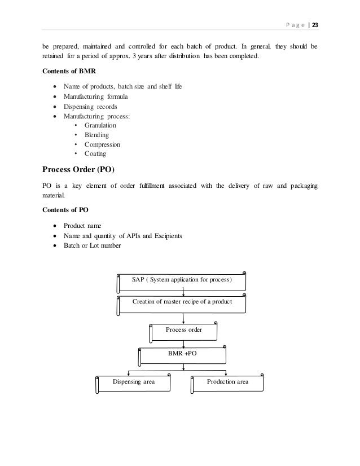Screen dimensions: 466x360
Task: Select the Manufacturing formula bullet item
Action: tap(95, 96)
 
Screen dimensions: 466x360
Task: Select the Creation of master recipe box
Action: tap(182, 302)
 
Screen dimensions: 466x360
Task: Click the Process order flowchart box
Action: tap(184, 330)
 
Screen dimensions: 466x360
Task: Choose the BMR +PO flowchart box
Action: tap(182, 355)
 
